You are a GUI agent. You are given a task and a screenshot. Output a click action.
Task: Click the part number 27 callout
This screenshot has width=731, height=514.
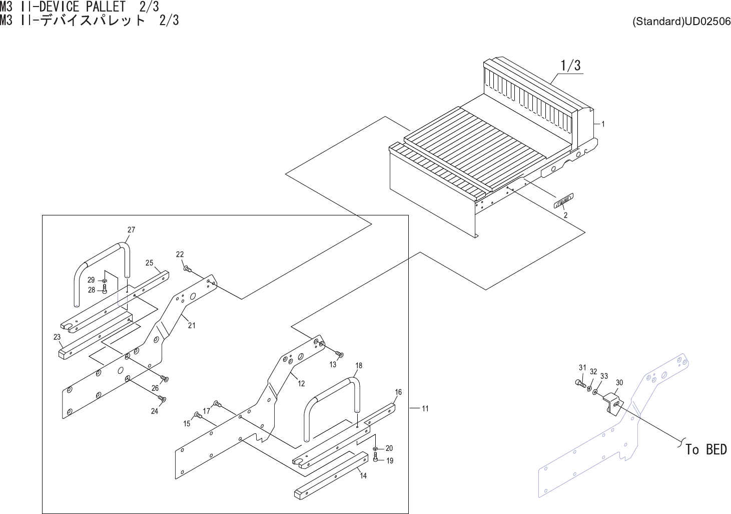click(131, 230)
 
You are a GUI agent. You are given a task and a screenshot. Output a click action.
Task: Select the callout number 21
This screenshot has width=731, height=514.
click(192, 326)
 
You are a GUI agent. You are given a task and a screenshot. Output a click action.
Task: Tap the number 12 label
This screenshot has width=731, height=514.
click(301, 384)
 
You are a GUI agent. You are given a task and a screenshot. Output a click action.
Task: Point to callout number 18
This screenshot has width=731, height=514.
click(358, 366)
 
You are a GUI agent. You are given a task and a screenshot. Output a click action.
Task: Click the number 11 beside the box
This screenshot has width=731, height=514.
click(425, 409)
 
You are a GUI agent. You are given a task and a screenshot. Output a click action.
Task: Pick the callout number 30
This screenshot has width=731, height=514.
click(619, 383)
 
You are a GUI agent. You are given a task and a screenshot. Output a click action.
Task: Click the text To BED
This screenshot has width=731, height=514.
click(706, 449)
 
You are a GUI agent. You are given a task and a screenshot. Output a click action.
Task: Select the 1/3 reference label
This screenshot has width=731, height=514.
click(570, 65)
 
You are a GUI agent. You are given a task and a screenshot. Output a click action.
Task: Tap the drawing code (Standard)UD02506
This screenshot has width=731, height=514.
click(681, 22)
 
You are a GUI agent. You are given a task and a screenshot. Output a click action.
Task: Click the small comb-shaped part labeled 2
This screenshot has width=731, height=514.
click(563, 201)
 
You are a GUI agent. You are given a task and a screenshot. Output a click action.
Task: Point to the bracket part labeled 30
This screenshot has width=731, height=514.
click(612, 402)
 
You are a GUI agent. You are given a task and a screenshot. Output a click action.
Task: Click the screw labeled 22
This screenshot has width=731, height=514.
click(188, 269)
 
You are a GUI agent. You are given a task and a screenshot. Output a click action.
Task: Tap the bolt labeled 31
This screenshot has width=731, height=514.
click(580, 383)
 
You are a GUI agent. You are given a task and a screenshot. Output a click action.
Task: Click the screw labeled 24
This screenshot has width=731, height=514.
click(162, 399)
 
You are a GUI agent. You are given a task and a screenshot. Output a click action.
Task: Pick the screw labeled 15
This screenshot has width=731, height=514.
click(197, 415)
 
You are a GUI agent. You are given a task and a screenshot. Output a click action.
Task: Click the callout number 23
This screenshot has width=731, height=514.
click(57, 337)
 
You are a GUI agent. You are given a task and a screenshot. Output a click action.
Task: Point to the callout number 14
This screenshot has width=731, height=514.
click(363, 476)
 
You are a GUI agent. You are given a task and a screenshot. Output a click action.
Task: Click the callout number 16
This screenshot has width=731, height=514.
click(398, 392)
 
